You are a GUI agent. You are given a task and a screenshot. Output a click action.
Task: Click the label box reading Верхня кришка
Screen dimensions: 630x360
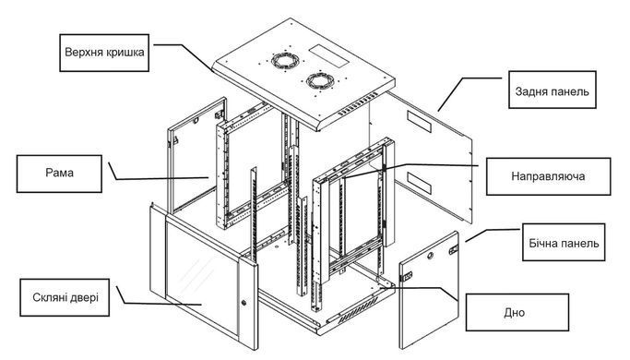[x=104, y=53]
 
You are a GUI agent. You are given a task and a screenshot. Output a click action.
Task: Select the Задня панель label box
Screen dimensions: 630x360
[x=552, y=90]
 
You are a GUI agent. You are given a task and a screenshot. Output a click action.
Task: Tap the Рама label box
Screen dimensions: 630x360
[x=59, y=174]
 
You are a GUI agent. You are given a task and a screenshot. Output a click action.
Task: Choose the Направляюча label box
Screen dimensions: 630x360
[x=548, y=176]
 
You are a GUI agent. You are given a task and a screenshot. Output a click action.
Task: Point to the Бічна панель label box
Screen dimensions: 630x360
[x=564, y=243]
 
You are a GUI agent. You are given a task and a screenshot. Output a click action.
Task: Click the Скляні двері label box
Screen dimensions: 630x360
[x=65, y=297]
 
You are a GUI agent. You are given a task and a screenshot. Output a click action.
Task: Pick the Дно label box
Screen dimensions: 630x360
[x=517, y=312]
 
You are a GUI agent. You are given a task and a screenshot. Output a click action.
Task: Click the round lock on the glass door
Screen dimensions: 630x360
[x=244, y=302]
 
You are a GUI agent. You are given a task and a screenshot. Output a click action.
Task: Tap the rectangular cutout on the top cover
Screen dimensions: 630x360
[x=328, y=56]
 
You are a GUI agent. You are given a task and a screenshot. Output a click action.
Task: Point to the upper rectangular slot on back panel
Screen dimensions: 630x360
[x=419, y=122]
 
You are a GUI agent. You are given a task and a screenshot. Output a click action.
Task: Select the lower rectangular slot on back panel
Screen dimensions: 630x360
[x=419, y=182]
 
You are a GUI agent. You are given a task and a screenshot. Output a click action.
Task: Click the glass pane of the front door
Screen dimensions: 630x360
[x=202, y=278]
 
